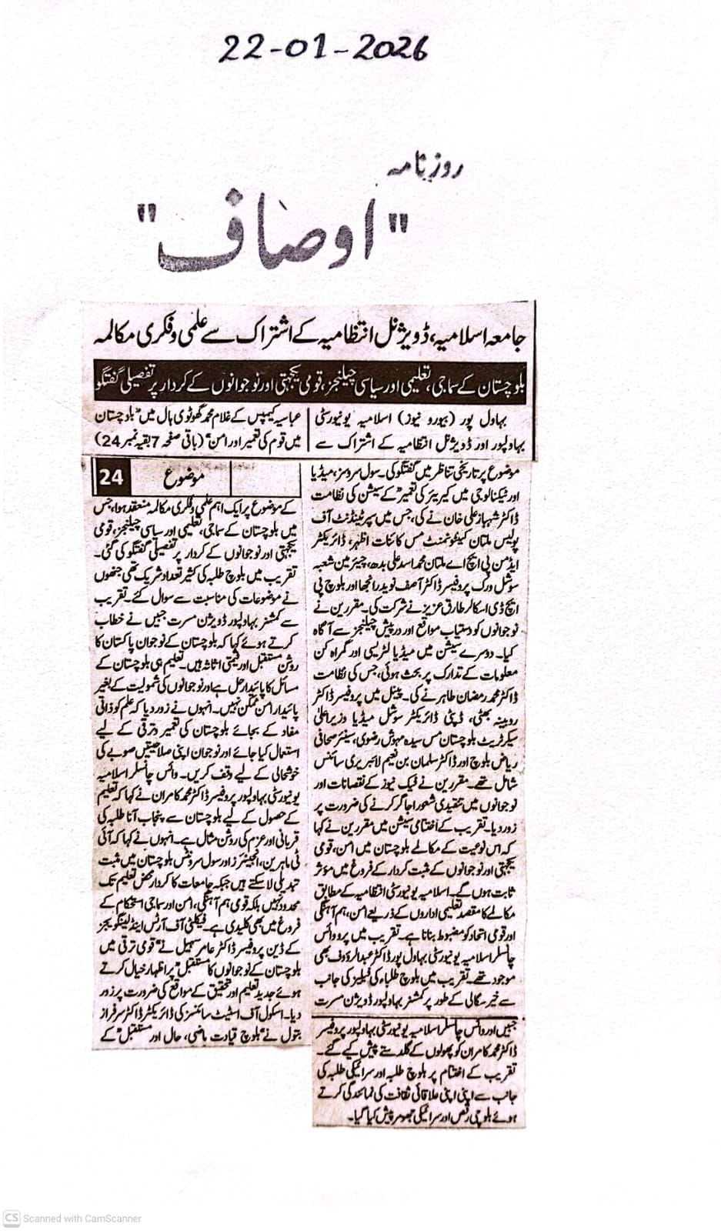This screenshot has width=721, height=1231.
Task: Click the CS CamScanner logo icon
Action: [x=12, y=1218]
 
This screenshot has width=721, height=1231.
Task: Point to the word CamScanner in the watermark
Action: [x=110, y=1219]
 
